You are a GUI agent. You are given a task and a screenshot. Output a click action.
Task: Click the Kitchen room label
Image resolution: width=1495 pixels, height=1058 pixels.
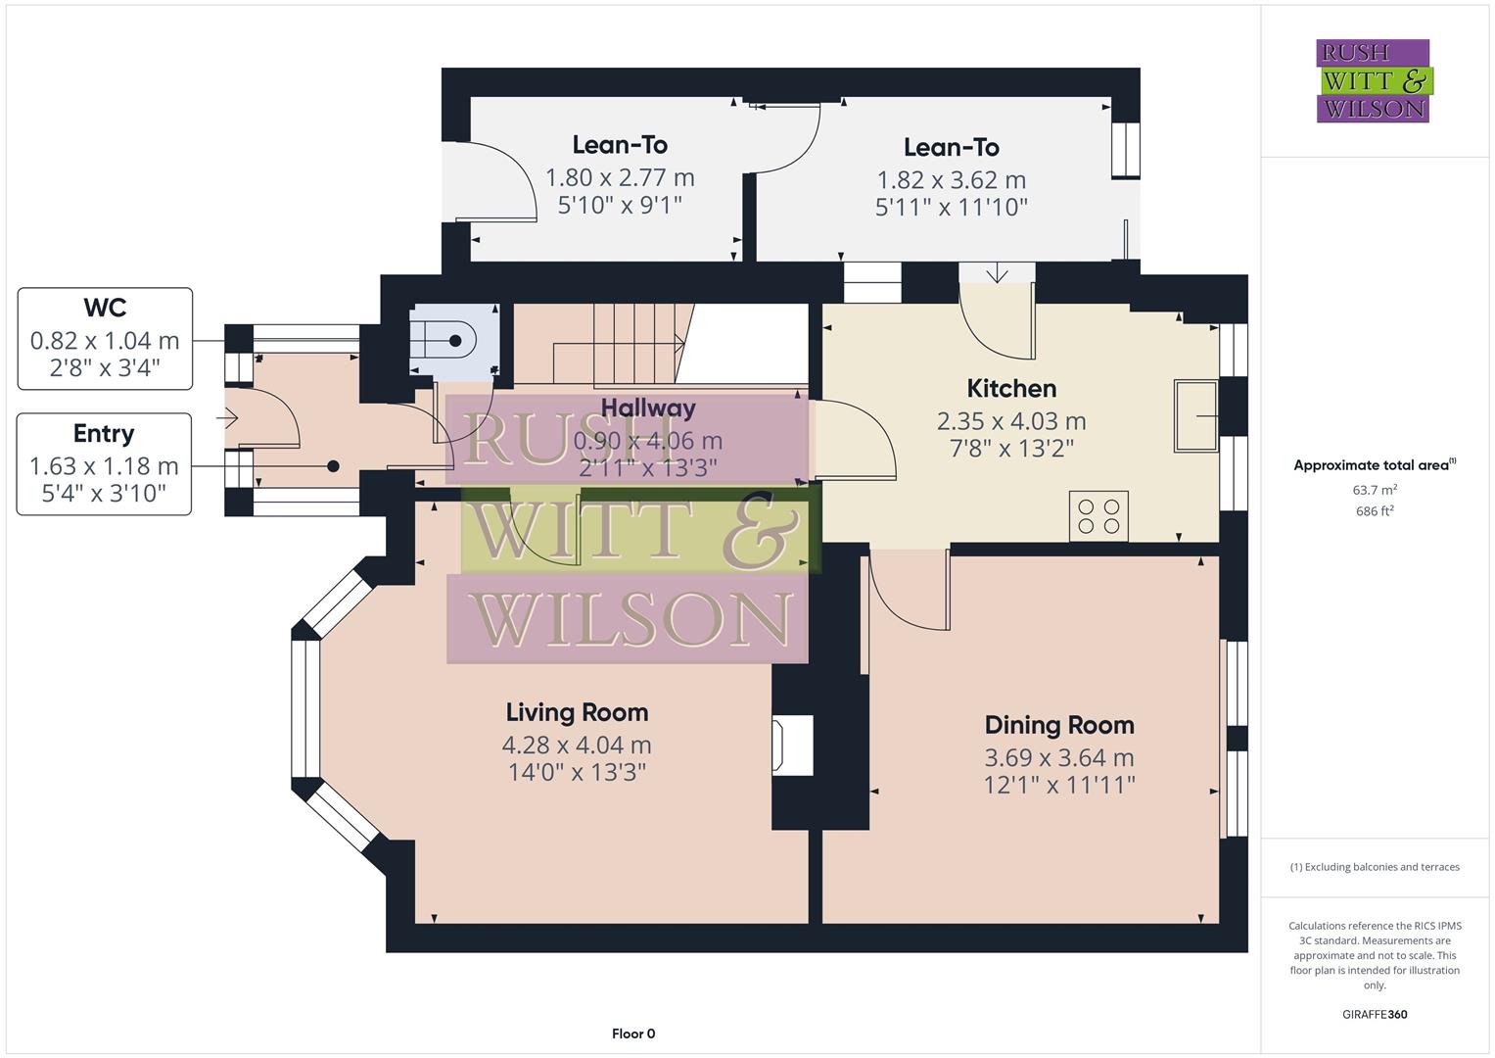click(1011, 388)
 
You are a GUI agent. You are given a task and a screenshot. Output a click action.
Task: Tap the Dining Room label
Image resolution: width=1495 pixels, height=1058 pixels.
click(1059, 725)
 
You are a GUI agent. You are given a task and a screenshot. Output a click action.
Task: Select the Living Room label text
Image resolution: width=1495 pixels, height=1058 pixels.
click(577, 712)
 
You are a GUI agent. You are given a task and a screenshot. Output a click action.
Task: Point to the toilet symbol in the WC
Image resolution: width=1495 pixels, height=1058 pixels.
click(445, 341)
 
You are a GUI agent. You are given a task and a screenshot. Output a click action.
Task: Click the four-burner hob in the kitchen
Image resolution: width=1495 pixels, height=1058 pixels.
click(1098, 515)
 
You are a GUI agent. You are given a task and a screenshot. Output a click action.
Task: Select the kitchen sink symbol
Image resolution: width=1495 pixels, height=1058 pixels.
click(1195, 416)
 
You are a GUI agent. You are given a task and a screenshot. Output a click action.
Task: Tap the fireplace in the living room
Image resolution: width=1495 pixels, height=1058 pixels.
click(792, 746)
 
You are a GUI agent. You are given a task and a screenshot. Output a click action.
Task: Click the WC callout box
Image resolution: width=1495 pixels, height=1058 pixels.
click(105, 339)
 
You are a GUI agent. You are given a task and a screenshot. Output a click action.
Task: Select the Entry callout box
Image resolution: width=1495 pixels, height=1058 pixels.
click(104, 463)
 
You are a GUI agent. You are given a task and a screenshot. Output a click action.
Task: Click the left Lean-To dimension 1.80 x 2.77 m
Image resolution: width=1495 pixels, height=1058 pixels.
click(620, 177)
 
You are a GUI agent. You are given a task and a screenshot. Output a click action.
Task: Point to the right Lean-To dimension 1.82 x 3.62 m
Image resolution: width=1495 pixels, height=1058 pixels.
click(951, 180)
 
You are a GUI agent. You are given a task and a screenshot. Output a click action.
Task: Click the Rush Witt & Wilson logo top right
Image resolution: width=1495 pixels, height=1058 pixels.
click(1373, 81)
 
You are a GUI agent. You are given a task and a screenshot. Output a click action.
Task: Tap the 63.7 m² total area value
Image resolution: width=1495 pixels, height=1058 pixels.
click(1375, 490)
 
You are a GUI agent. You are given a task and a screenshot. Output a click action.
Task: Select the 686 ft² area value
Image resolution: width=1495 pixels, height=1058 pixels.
click(1375, 511)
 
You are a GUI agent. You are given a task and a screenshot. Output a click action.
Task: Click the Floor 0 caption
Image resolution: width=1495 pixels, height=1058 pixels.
click(633, 1034)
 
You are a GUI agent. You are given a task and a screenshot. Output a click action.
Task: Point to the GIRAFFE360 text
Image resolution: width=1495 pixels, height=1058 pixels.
click(1375, 1014)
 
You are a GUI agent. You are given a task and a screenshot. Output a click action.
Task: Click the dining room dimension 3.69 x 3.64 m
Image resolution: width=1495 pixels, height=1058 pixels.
click(1059, 757)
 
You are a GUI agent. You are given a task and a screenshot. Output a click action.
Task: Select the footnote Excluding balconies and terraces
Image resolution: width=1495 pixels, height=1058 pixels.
click(1375, 867)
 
